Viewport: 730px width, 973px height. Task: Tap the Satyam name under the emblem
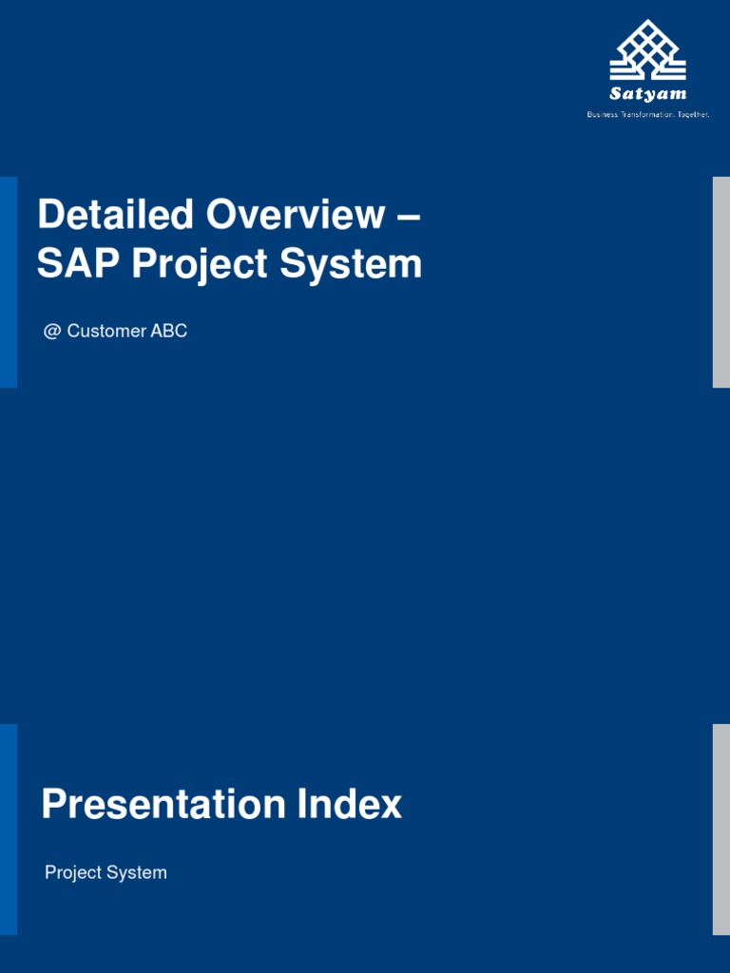tap(647, 94)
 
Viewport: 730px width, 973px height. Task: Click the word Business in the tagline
tap(603, 114)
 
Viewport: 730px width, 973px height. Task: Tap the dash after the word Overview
tap(409, 217)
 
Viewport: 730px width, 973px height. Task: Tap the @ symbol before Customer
tap(51, 332)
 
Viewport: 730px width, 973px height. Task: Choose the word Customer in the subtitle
tap(106, 332)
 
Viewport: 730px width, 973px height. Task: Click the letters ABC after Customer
tap(169, 332)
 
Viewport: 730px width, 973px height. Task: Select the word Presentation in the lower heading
tap(163, 805)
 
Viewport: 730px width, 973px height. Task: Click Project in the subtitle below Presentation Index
tap(72, 873)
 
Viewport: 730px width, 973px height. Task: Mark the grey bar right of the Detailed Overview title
tap(721, 282)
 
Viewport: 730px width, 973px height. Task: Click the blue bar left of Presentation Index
tap(9, 830)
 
